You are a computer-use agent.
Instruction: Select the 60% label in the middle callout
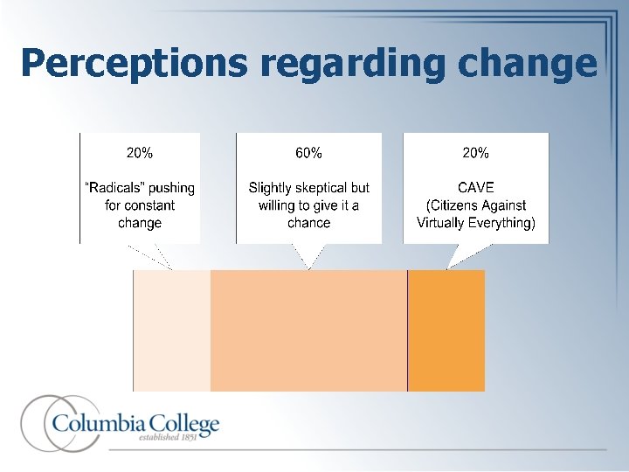(x=308, y=153)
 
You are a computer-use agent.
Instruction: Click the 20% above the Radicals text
(x=140, y=153)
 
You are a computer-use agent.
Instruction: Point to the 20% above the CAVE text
(x=475, y=153)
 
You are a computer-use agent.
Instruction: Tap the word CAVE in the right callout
(x=475, y=188)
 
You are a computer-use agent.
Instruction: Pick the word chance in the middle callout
(x=308, y=223)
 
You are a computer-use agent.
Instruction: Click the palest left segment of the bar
(x=172, y=330)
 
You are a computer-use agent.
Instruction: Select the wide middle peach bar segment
(x=308, y=330)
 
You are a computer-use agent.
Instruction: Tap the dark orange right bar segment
(x=446, y=330)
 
